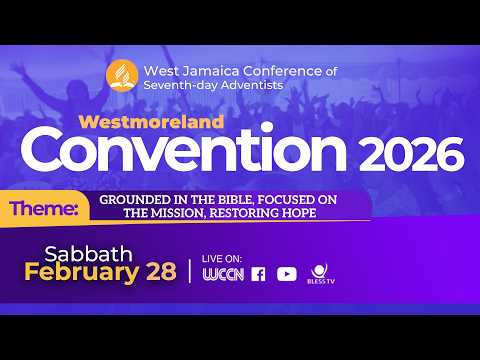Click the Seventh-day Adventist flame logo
tap(122, 76)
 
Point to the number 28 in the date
tap(156, 271)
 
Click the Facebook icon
tap(259, 274)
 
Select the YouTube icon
tap(286, 274)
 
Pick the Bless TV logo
tap(320, 272)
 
